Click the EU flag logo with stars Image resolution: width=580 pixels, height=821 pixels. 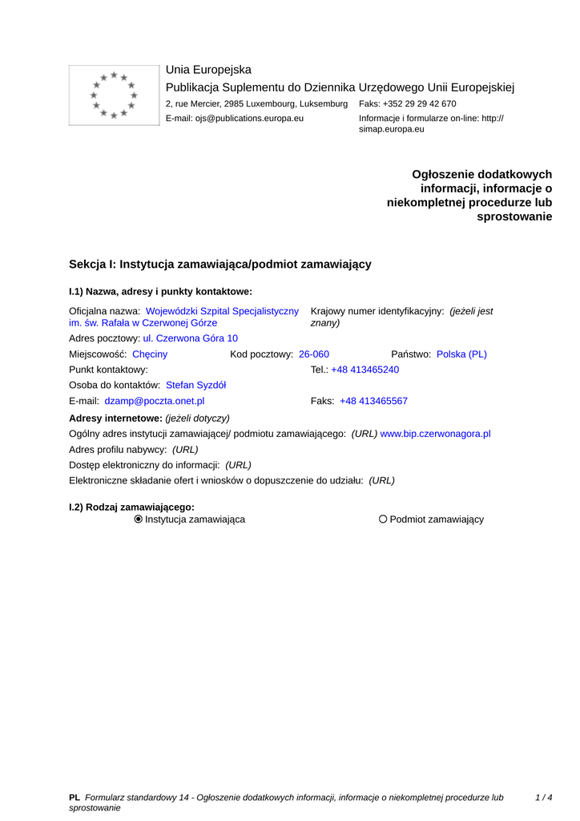[x=114, y=95]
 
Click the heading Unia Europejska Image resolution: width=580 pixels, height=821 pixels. [x=208, y=70]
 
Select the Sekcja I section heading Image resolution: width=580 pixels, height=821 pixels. [x=220, y=264]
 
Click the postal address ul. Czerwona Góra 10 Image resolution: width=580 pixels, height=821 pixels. [x=190, y=338]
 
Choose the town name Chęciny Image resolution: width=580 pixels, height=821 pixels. [x=150, y=354]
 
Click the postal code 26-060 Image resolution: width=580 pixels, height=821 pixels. [x=314, y=354]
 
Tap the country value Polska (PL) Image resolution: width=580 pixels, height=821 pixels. [x=461, y=354]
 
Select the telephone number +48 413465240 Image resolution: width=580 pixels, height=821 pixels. [x=365, y=370]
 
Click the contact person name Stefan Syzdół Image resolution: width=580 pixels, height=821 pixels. [x=195, y=385]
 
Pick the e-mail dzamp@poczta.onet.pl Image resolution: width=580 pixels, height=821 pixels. [x=155, y=401]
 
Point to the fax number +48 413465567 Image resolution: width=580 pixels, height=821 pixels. [x=373, y=401]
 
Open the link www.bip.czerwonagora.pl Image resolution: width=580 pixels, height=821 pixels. [x=435, y=434]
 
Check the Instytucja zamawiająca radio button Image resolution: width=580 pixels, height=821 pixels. [x=139, y=520]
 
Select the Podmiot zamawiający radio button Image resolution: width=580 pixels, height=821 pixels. [x=383, y=520]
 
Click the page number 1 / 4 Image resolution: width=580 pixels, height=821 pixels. [x=544, y=798]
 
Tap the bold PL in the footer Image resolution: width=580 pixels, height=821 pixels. [x=75, y=798]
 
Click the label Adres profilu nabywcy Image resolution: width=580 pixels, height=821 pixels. [x=119, y=450]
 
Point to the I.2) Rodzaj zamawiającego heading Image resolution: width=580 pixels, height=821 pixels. [x=132, y=507]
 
